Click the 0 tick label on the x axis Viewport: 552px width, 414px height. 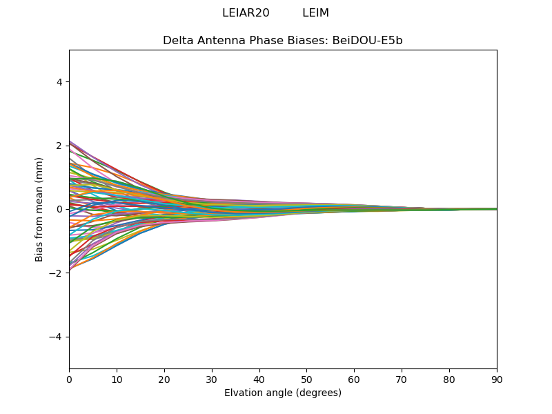pyautogui.click(x=69, y=379)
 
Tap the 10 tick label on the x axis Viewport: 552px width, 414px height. pyautogui.click(x=117, y=379)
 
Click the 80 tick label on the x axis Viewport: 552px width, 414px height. pyautogui.click(x=449, y=379)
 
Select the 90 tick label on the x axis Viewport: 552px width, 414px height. pyautogui.click(x=497, y=379)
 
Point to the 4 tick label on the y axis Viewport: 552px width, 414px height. pyautogui.click(x=59, y=82)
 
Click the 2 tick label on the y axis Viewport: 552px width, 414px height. pyautogui.click(x=59, y=146)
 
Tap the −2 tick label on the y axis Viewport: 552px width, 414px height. pyautogui.click(x=57, y=273)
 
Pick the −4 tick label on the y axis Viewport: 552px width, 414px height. pyautogui.click(x=57, y=337)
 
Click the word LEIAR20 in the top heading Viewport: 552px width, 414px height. pyautogui.click(x=246, y=13)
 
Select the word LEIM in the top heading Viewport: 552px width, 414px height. pyautogui.click(x=315, y=13)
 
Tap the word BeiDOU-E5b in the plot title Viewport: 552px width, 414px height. pyautogui.click(x=367, y=41)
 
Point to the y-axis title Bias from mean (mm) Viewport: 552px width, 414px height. pyautogui.click(x=40, y=209)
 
